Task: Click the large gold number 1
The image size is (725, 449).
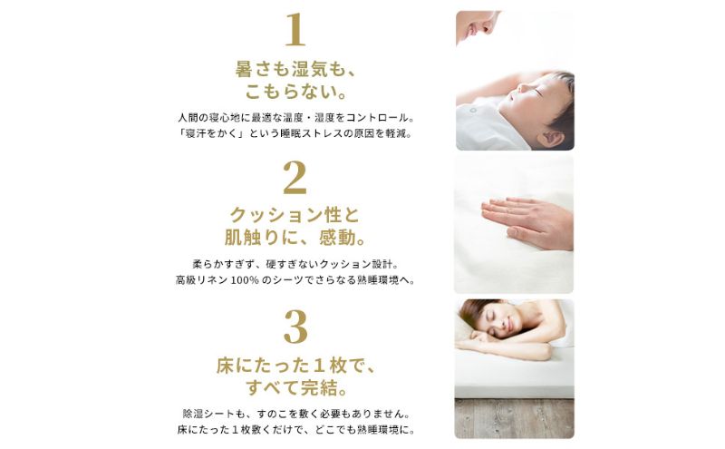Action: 295,30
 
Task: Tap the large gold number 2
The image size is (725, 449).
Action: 295,178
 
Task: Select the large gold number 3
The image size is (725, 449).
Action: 295,327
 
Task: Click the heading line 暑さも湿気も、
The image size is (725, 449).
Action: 295,70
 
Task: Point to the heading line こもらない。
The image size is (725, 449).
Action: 295,92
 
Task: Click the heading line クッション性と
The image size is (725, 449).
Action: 295,215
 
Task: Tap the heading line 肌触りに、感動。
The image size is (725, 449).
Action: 295,238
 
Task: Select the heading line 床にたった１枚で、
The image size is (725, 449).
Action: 295,366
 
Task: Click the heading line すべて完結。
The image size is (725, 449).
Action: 296,388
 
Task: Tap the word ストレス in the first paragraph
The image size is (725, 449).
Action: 323,133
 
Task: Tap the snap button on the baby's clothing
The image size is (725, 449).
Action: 472,111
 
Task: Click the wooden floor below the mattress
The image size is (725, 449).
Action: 514,418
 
